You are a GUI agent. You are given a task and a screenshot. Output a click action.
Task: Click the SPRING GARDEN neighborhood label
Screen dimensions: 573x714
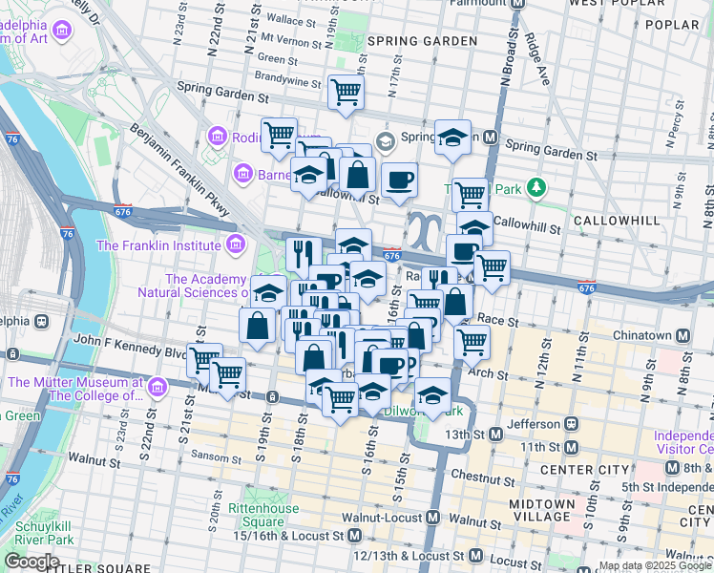click(422, 41)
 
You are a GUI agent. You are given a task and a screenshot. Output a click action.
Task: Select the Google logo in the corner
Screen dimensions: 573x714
click(31, 562)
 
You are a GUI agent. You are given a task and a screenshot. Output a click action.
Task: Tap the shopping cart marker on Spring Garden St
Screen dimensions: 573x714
click(346, 93)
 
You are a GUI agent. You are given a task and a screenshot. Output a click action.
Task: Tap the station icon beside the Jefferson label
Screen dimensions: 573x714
click(571, 424)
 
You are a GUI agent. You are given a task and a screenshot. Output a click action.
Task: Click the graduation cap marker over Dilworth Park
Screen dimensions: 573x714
click(432, 394)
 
